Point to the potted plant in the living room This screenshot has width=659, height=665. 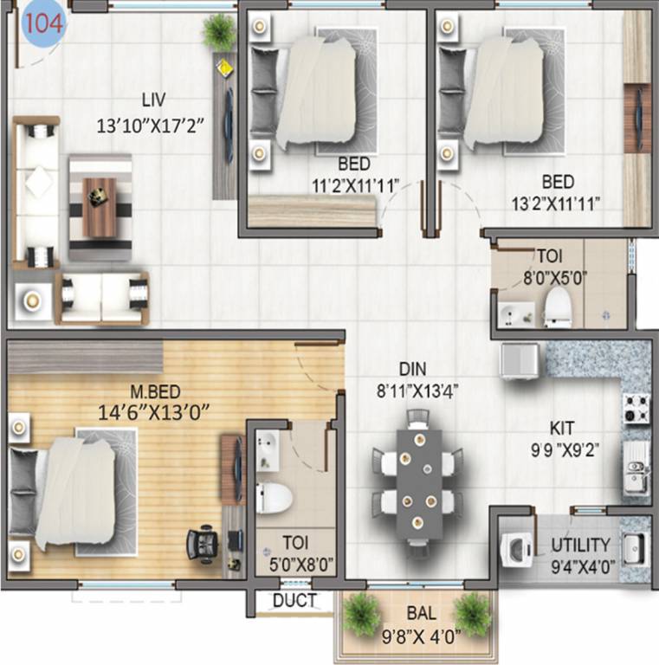click(219, 32)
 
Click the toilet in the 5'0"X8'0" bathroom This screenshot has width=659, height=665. click(276, 499)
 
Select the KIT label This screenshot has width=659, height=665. click(563, 428)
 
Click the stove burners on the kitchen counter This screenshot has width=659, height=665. click(637, 408)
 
